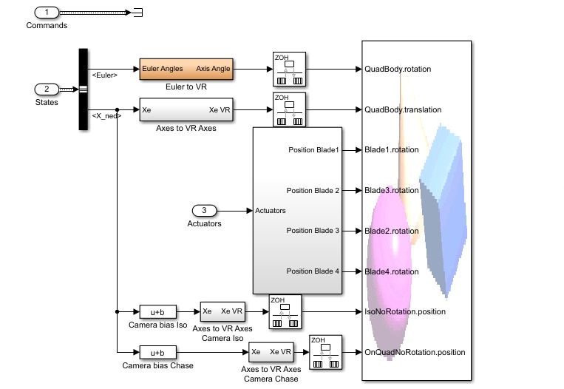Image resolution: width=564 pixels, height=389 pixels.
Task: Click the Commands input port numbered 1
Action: click(x=47, y=13)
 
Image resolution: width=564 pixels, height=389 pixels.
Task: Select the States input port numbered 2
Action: click(x=47, y=89)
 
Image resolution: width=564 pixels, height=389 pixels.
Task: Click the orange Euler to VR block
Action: click(x=186, y=69)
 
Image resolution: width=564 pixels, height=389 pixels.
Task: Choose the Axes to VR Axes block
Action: click(x=186, y=109)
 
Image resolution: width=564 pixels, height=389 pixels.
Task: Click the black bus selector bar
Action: click(x=83, y=89)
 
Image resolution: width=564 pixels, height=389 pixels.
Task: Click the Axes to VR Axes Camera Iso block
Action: click(x=222, y=311)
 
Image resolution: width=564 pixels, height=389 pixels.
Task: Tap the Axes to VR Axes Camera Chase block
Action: click(x=271, y=352)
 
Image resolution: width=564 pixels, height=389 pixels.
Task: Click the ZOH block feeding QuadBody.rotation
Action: click(x=289, y=69)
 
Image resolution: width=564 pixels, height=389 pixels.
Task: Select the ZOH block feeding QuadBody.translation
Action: click(x=289, y=109)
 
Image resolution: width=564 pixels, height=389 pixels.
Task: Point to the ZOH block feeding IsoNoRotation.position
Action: click(x=285, y=311)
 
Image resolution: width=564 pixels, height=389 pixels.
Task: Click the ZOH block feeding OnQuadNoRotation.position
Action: click(x=325, y=352)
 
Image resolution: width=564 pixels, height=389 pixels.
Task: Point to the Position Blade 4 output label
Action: click(x=313, y=271)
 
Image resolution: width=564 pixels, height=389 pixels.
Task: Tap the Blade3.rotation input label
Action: click(x=392, y=191)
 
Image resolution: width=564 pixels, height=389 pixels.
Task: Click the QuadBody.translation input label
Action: click(x=403, y=109)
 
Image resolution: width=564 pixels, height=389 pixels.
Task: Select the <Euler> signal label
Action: click(x=104, y=75)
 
